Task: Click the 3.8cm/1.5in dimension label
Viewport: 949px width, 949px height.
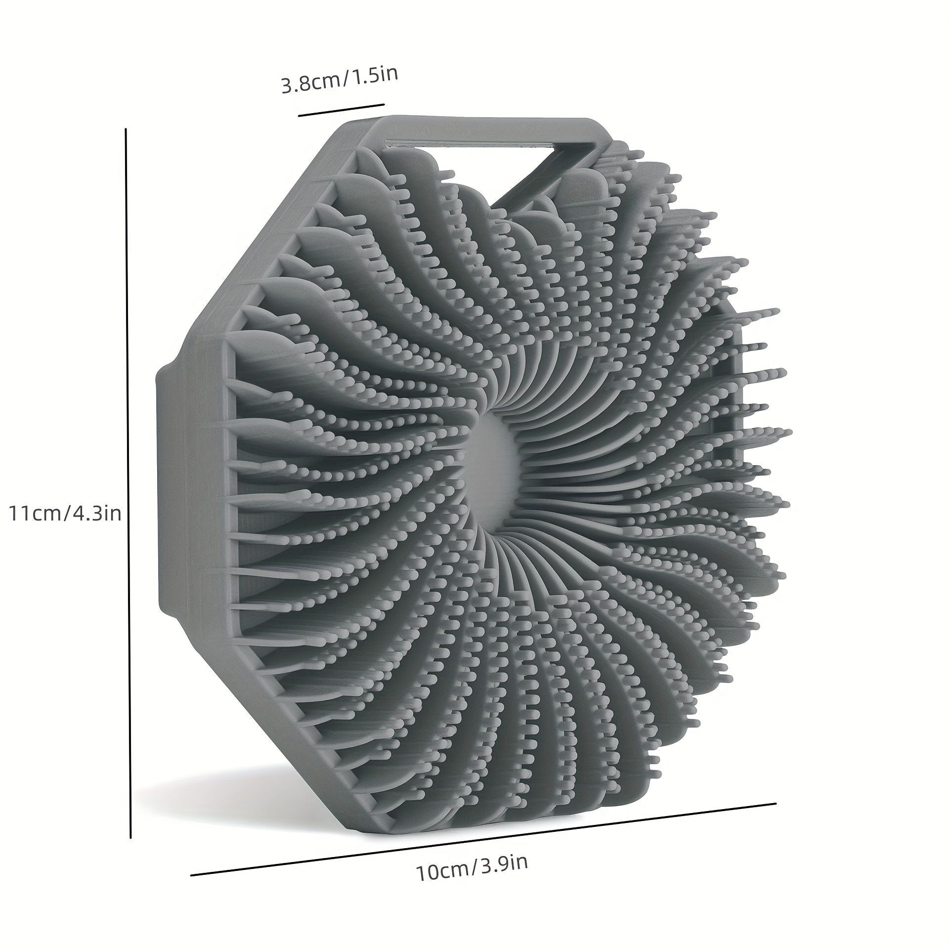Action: [339, 79]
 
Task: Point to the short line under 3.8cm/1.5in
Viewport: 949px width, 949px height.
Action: [341, 109]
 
